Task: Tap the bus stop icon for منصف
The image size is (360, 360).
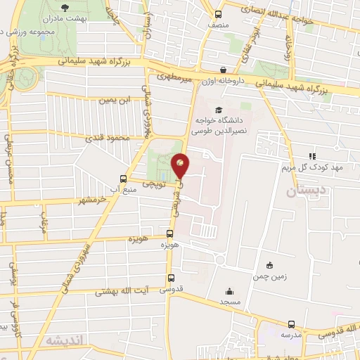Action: [x=217, y=14]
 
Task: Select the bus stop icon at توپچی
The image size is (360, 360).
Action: [x=124, y=179]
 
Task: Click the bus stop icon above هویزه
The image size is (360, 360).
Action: [x=169, y=235]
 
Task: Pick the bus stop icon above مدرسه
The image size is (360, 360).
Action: [x=291, y=324]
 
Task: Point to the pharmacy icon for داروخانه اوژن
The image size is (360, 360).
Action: [x=223, y=70]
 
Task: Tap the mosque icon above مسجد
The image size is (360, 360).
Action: [x=229, y=291]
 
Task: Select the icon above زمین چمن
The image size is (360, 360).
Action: [x=269, y=265]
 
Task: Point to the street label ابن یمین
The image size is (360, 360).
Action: [x=115, y=101]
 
